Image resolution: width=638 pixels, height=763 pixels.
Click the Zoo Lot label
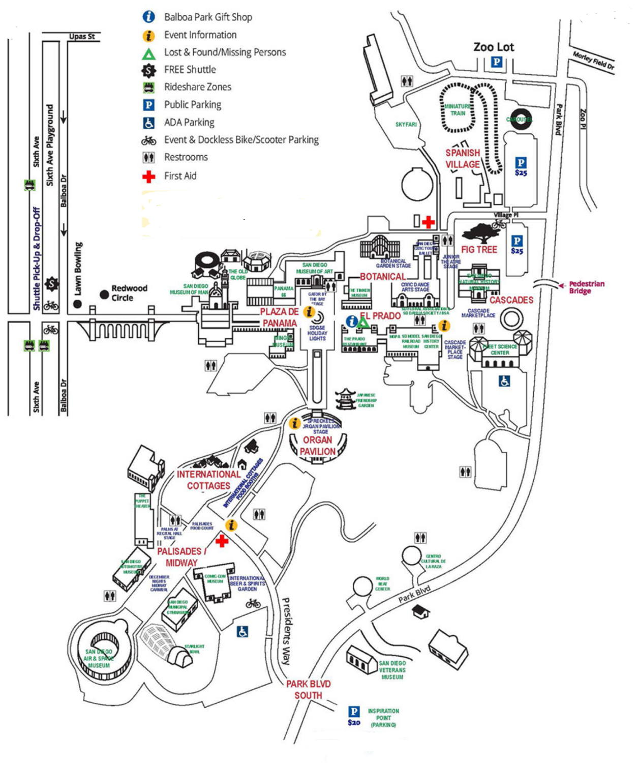coord(494,47)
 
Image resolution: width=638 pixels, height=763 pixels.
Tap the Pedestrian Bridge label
coord(586,287)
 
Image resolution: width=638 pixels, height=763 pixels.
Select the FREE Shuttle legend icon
coord(148,70)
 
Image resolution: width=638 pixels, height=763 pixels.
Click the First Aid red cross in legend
coord(148,177)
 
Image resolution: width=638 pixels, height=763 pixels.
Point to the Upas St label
coord(82,37)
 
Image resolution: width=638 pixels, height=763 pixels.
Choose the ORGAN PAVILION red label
coord(318,446)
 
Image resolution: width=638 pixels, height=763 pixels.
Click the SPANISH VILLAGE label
coord(463,159)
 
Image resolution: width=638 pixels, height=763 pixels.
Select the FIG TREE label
coord(479,250)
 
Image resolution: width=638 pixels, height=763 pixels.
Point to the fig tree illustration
coord(480,233)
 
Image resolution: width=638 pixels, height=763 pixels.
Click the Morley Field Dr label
coord(593,62)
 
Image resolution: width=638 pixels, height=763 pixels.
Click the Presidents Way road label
coord(287,631)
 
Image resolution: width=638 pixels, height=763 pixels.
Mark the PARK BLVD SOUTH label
coord(308,690)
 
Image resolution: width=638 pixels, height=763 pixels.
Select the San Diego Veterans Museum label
coord(392,670)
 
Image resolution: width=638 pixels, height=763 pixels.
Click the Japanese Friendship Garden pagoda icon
coord(346,399)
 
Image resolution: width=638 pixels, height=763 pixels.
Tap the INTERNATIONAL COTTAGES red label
coord(208,480)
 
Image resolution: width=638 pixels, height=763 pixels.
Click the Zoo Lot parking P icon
coord(497,63)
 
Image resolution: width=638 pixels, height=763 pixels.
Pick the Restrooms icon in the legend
coord(148,158)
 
